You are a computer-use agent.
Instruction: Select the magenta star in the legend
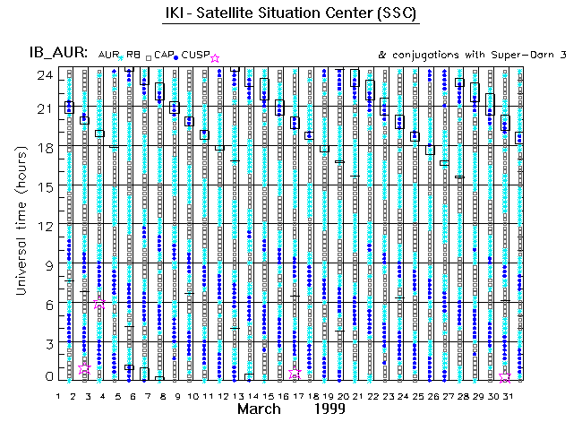tap(214, 58)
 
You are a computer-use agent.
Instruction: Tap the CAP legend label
tap(163, 56)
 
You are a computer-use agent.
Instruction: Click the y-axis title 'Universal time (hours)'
tap(19, 224)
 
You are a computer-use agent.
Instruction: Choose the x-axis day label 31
tap(505, 395)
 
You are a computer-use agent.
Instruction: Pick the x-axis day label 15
tap(266, 395)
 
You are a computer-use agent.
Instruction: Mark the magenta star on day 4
tap(99, 305)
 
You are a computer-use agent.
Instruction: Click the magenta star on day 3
tap(85, 368)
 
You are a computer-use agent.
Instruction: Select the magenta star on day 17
tap(295, 373)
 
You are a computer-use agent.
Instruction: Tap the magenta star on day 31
tap(505, 377)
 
